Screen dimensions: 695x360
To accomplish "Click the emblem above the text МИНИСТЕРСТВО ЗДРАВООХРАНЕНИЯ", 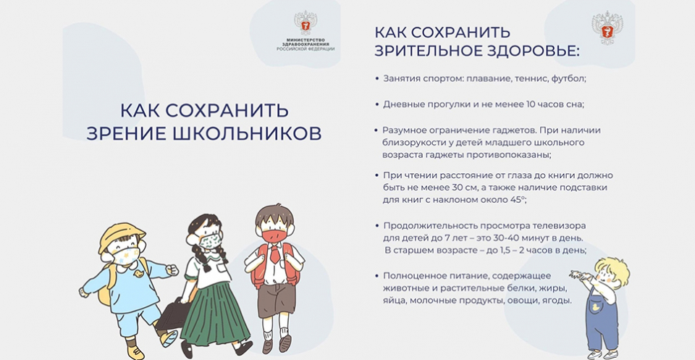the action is tap(306, 23).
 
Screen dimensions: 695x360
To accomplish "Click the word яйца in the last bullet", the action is tap(394, 301).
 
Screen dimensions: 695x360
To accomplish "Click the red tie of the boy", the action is tap(275, 254).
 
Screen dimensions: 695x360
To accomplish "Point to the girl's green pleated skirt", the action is tap(214, 312).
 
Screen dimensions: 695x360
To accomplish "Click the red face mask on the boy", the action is tap(274, 235).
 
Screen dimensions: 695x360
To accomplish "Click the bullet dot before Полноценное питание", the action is tap(376, 276).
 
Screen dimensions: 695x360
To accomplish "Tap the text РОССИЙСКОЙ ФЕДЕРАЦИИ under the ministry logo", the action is tap(306, 49).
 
